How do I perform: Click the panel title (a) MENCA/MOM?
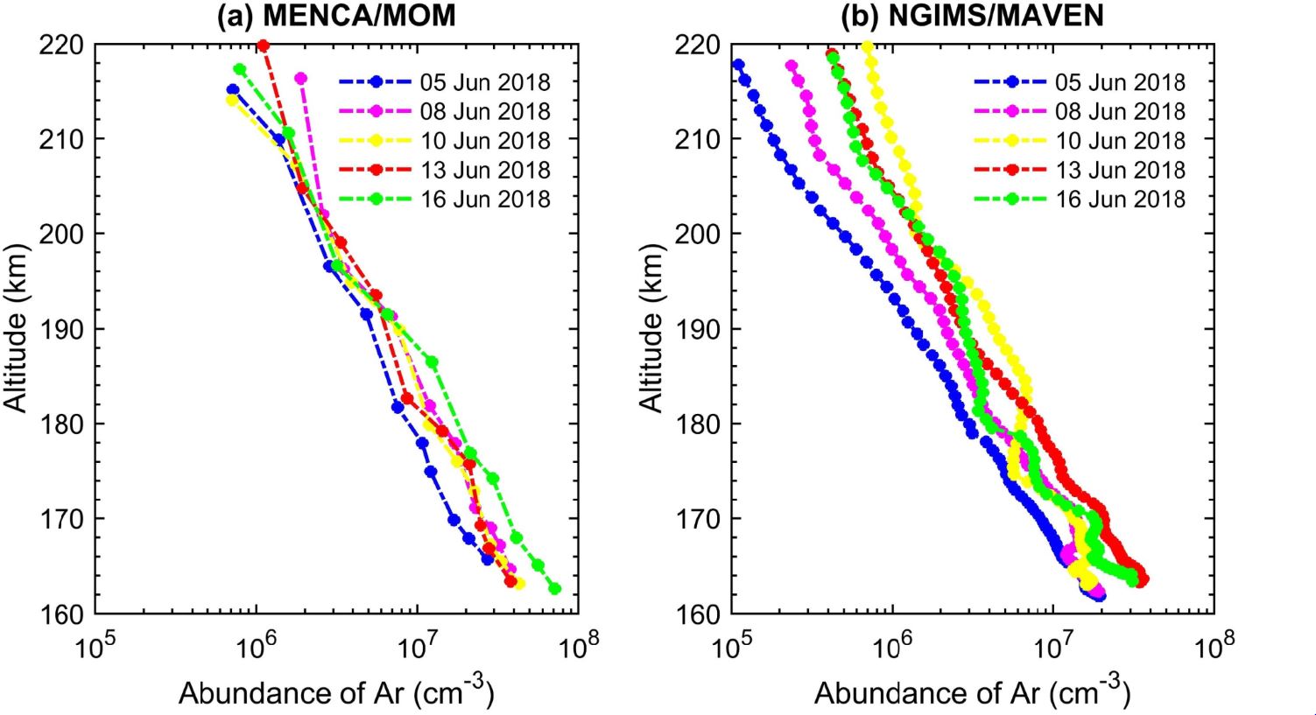coord(336,15)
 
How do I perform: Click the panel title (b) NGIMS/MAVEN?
coord(972,15)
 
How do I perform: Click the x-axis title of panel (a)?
coord(336,692)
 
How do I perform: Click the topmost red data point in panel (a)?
coord(263,45)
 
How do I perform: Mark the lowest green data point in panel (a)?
coord(554,589)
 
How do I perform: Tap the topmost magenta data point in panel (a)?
coord(300,79)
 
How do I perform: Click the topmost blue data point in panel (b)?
coord(737,65)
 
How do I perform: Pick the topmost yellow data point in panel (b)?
coord(868,46)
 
